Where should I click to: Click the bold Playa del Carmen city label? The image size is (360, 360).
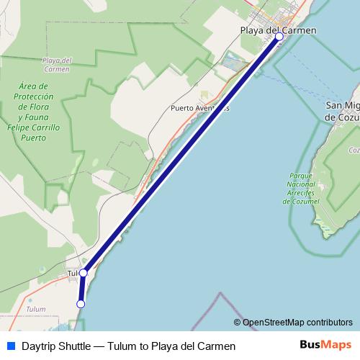coord(279,30)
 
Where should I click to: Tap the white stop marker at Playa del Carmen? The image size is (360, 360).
coord(279,37)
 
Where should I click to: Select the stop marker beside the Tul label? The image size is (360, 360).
coord(84,273)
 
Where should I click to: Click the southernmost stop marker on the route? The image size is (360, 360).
coord(81,305)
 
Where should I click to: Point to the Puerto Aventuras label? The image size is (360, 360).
coord(200,109)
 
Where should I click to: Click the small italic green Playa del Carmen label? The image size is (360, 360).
coord(56,65)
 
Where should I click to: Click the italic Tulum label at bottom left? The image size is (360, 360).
coord(35,309)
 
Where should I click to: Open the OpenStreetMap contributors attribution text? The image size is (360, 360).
coord(297,323)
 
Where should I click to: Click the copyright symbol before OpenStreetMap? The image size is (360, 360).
coord(238,323)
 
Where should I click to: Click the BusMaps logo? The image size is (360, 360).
coord(325,345)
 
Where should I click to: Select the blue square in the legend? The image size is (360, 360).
coord(10,346)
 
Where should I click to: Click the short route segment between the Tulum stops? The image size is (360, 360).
coord(82,289)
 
